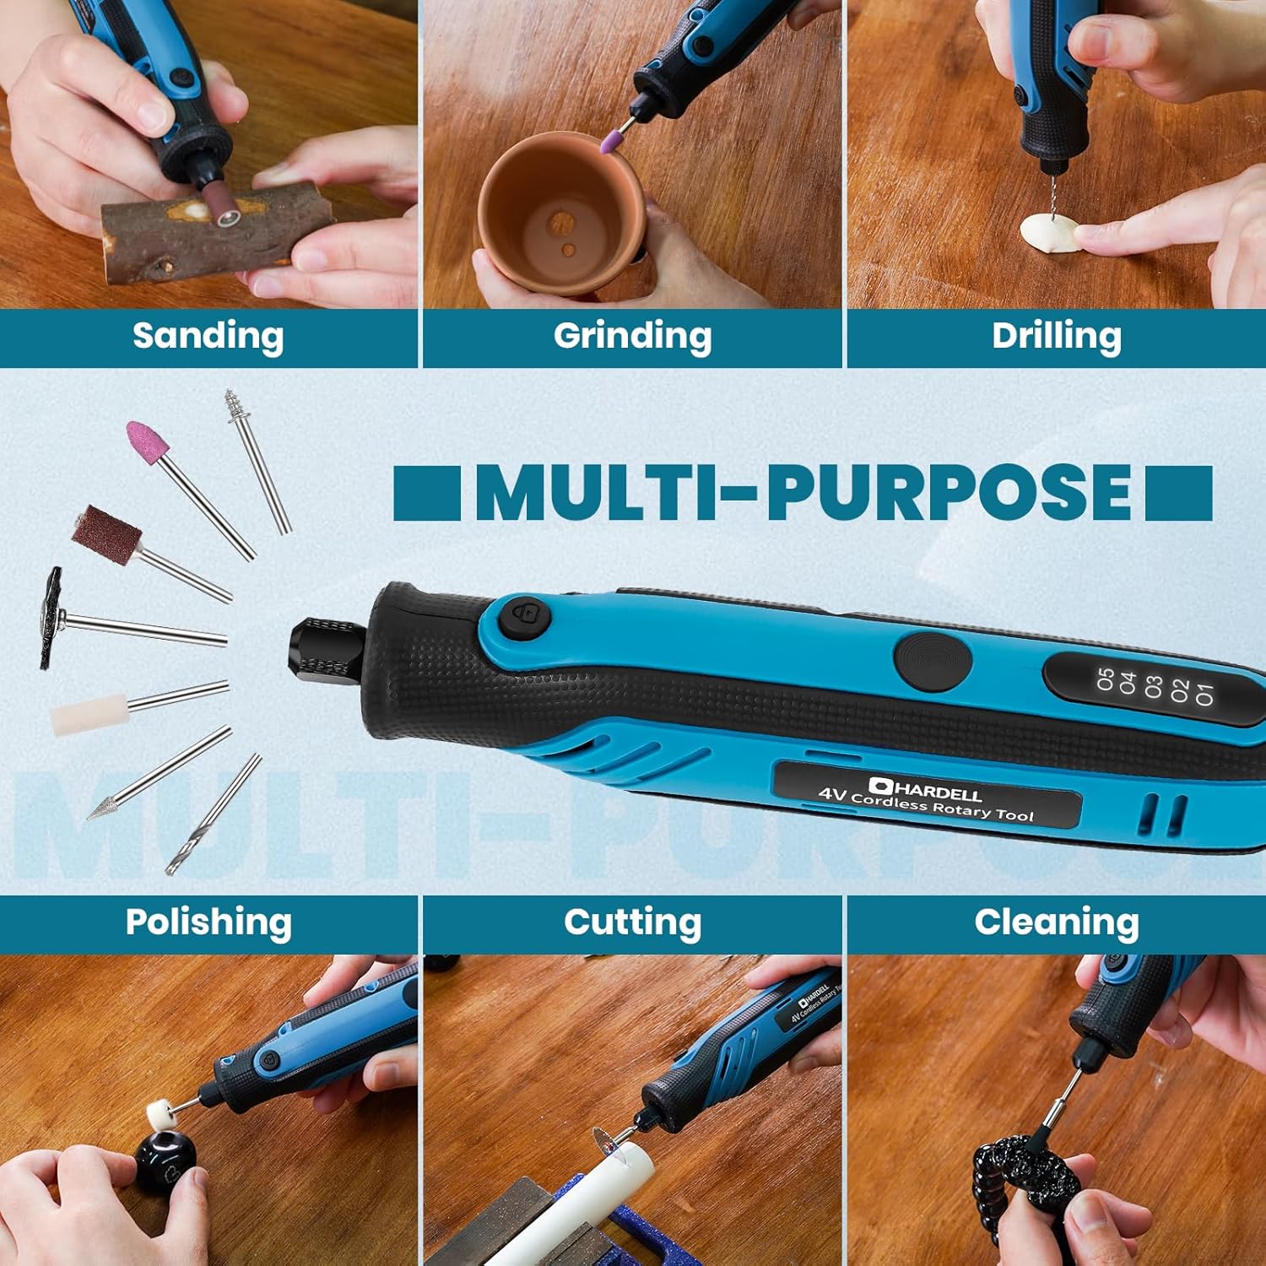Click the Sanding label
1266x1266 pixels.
pyautogui.click(x=208, y=336)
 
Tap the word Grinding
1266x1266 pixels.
pyautogui.click(x=632, y=336)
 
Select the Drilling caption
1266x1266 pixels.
pyautogui.click(x=1057, y=336)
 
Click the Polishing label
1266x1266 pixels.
pyautogui.click(x=208, y=922)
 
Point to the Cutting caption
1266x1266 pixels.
pyautogui.click(x=632, y=922)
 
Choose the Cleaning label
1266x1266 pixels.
pyautogui.click(x=1057, y=922)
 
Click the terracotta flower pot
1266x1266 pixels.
pyautogui.click(x=561, y=211)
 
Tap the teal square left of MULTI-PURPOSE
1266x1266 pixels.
pyautogui.click(x=427, y=493)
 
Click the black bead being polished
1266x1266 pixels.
pyautogui.click(x=165, y=1162)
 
